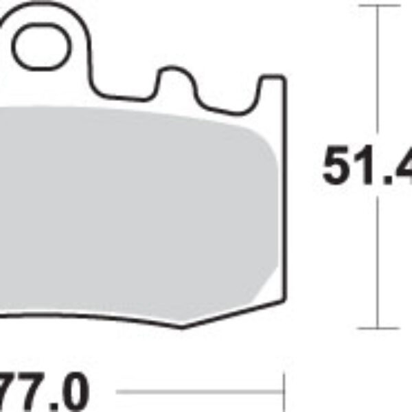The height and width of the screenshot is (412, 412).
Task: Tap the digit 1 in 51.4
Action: point(364,165)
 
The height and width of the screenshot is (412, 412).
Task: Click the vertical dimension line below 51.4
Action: point(378,261)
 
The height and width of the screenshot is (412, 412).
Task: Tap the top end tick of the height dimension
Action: point(378,6)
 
